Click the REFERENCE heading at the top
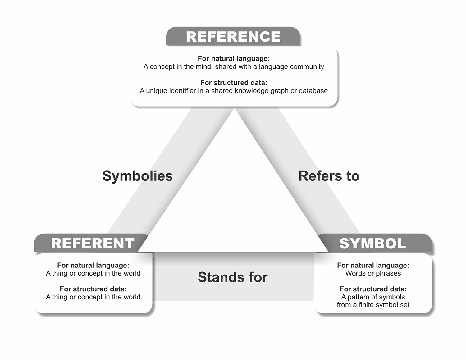pos(233,37)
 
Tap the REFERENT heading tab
pos(93,244)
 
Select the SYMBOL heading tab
pos(372,244)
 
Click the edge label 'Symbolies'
pos(138,176)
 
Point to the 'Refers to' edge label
pos(329,176)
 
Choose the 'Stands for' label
pos(233,277)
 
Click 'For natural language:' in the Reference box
pos(234,58)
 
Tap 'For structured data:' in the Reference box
pos(234,83)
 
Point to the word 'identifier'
pos(183,91)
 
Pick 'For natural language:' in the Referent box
pos(93,265)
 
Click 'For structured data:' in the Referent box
pos(93,289)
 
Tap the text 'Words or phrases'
pos(373,273)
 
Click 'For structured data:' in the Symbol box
pos(373,289)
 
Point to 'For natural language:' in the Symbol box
pos(373,265)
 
